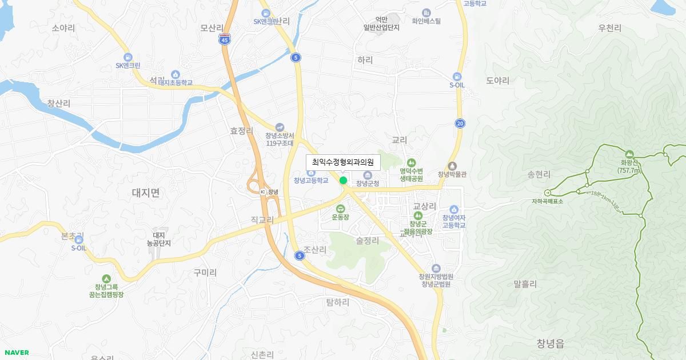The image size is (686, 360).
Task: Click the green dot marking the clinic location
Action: click(x=343, y=180)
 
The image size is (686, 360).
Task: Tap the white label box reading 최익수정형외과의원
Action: click(x=343, y=162)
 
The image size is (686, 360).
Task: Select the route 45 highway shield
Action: click(x=225, y=39)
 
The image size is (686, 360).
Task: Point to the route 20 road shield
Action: click(x=460, y=123)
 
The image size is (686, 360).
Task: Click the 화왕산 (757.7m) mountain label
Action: click(x=629, y=166)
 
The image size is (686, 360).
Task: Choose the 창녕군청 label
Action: click(x=368, y=183)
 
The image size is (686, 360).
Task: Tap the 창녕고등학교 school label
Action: click(x=311, y=180)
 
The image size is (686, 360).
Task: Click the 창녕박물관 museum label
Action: click(x=452, y=174)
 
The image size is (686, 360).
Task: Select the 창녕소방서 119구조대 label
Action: click(x=280, y=139)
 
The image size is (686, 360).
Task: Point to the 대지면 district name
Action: click(x=146, y=193)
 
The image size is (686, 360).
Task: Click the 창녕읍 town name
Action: click(x=551, y=343)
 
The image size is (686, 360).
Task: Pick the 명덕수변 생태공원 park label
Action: click(x=411, y=174)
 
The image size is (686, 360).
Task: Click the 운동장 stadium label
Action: click(x=341, y=217)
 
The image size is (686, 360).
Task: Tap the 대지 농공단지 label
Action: click(x=158, y=239)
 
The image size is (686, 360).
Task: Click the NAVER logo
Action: click(x=16, y=353)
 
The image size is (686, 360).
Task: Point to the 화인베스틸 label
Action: click(x=426, y=21)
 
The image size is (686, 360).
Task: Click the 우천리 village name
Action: click(x=609, y=28)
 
